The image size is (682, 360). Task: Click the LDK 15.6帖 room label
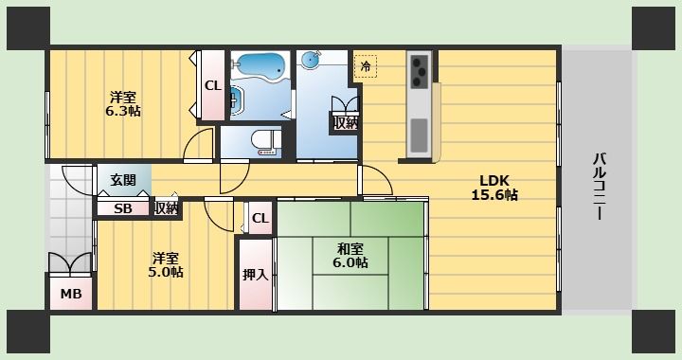coord(494,188)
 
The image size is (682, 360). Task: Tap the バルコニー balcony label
coord(599,187)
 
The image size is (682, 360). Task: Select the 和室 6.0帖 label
coord(350,256)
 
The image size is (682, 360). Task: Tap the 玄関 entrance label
coord(123,180)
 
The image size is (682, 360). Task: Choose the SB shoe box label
coord(123,208)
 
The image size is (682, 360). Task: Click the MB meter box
coord(72,294)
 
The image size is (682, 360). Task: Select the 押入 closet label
coord(255,275)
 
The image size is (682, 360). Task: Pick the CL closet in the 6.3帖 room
coord(212,85)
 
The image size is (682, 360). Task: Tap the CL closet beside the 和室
coord(260,219)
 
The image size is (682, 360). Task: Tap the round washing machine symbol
coord(311,61)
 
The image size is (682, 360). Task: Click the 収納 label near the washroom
coord(345,121)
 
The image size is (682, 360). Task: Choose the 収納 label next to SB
coord(166,208)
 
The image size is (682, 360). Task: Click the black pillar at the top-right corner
coord(654,27)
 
